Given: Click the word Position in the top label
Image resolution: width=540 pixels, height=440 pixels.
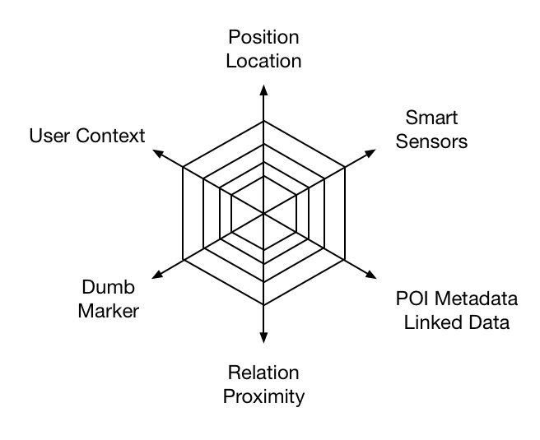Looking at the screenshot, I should tap(263, 38).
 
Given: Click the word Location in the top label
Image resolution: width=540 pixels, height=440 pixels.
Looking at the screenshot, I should tap(263, 61).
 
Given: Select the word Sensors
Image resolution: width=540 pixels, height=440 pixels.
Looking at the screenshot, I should tap(432, 141).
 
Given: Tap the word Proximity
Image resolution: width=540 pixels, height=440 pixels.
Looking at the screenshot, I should tap(263, 396).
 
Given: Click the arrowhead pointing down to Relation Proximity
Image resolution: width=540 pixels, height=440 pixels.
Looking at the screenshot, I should tap(263, 336).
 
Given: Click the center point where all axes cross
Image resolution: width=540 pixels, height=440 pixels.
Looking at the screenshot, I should tap(263, 214).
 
